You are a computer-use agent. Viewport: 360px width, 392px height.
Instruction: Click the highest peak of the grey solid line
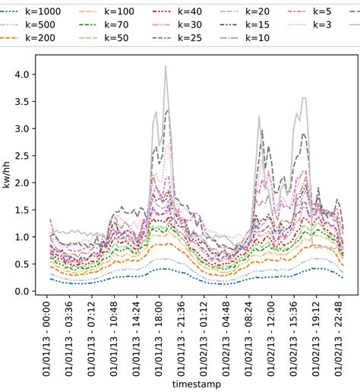click(x=166, y=66)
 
